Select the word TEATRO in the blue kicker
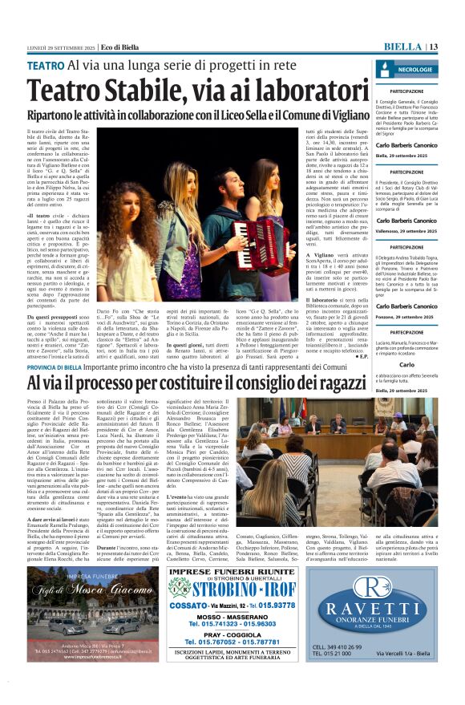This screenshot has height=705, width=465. click(x=46, y=65)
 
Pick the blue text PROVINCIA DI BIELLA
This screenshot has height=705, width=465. click(x=59, y=367)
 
